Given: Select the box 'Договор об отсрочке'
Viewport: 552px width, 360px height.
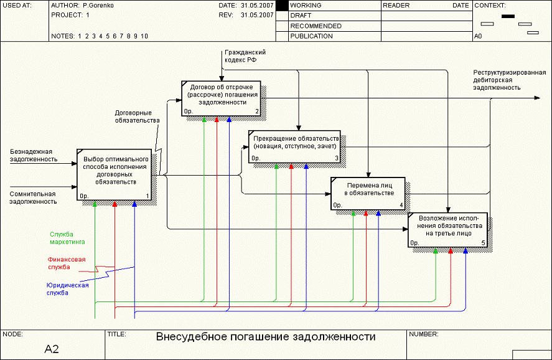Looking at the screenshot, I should (222, 98).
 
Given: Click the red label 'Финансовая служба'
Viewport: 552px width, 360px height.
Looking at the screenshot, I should (66, 263).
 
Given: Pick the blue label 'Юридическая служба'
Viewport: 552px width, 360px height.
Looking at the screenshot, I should (67, 289).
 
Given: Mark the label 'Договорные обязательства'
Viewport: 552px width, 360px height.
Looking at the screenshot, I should (137, 116).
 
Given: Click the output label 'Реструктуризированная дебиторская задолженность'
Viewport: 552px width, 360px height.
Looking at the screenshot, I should (508, 80).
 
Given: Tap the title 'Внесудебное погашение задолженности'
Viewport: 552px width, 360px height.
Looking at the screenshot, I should (266, 337).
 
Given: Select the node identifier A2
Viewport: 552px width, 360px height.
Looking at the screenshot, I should (52, 349).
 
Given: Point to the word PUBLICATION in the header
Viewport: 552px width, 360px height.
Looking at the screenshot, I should (311, 36).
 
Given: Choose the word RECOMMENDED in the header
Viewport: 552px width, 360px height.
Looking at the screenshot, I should (316, 26).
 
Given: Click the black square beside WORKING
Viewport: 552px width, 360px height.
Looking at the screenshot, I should (281, 5).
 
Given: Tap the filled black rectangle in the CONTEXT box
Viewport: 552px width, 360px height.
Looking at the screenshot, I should (508, 16).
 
